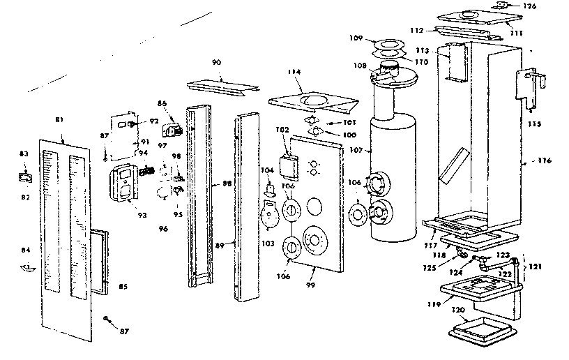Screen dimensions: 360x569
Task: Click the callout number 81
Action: click(59, 120)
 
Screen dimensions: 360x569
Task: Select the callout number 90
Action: click(216, 63)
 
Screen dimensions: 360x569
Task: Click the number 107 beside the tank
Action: click(357, 149)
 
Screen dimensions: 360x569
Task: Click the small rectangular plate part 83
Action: click(26, 177)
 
